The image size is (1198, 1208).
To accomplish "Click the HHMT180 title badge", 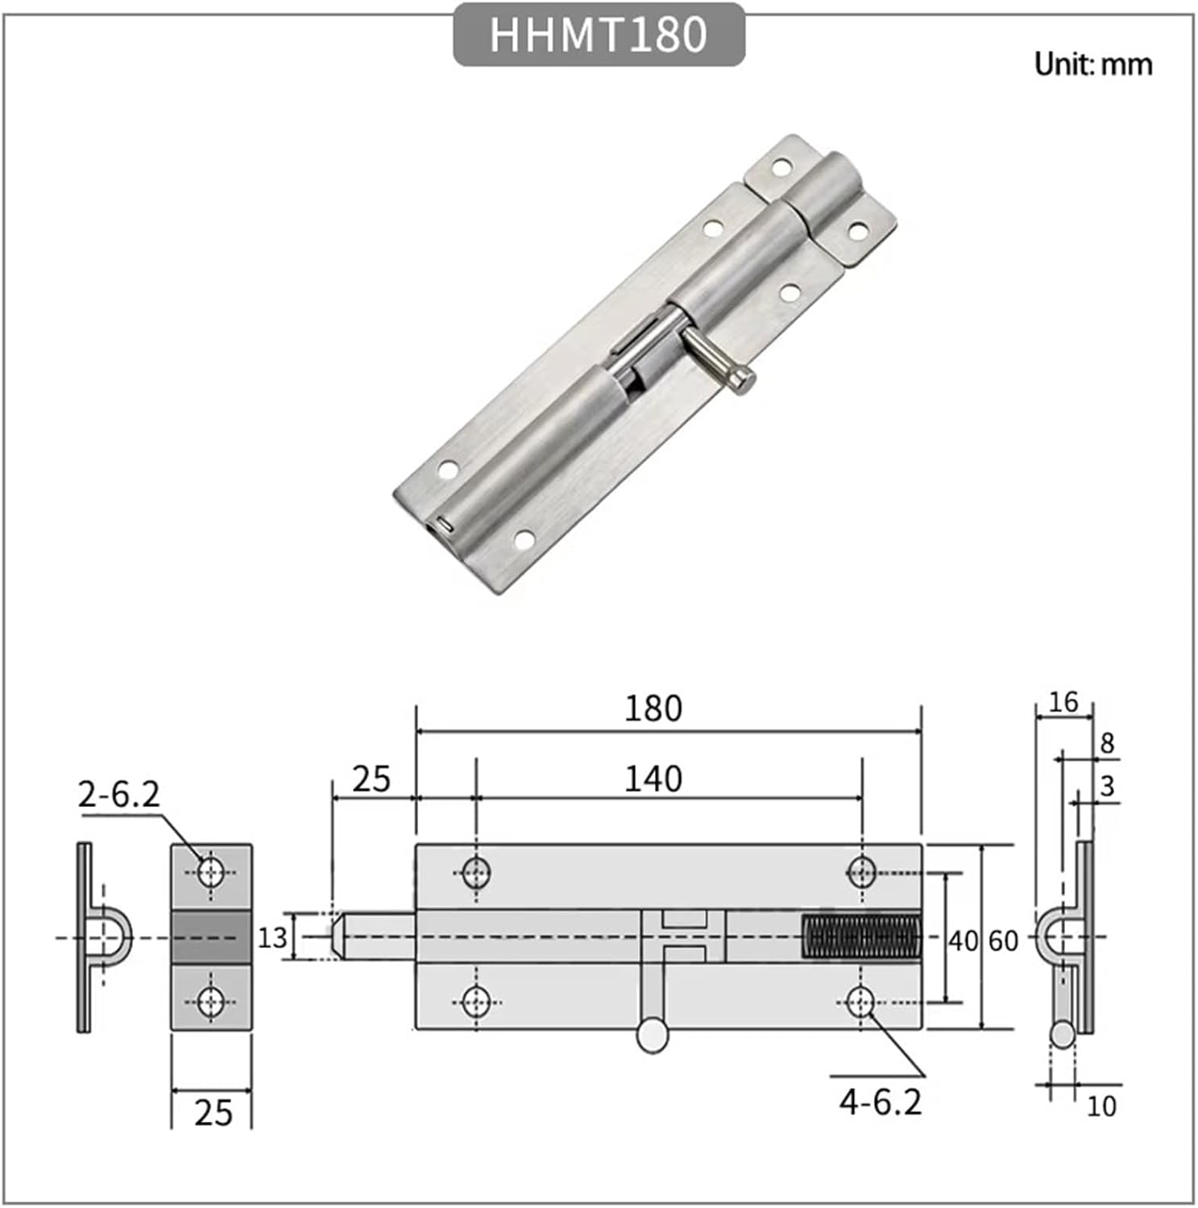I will point(599,35).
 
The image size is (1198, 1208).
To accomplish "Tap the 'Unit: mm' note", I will point(1092,64).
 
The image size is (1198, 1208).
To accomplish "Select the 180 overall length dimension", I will point(653,709).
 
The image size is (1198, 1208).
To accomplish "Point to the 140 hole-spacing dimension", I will point(653,779).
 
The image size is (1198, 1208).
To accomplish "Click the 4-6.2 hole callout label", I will point(880,1102).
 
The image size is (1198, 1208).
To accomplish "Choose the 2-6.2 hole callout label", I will point(119,795).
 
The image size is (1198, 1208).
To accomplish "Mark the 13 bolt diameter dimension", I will point(272,937).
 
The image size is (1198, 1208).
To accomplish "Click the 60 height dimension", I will point(1003,941).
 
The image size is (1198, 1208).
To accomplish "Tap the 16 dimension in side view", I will point(1063,702).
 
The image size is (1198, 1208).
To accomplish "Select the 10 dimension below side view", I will point(1101,1107).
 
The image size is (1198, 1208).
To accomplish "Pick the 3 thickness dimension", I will point(1107,786).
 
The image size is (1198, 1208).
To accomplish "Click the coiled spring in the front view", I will point(861,937).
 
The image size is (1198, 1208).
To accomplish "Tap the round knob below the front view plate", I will point(653,1035).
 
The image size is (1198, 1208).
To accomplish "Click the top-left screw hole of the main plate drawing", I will point(476,871).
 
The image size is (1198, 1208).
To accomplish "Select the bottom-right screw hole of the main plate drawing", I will point(861,1003).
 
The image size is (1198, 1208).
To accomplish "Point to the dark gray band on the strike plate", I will point(211,937).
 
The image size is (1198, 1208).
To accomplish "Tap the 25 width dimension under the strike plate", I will point(213,1113).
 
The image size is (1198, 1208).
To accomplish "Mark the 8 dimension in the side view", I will point(1107,743).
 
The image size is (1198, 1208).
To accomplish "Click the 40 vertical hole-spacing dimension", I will point(962,941).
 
